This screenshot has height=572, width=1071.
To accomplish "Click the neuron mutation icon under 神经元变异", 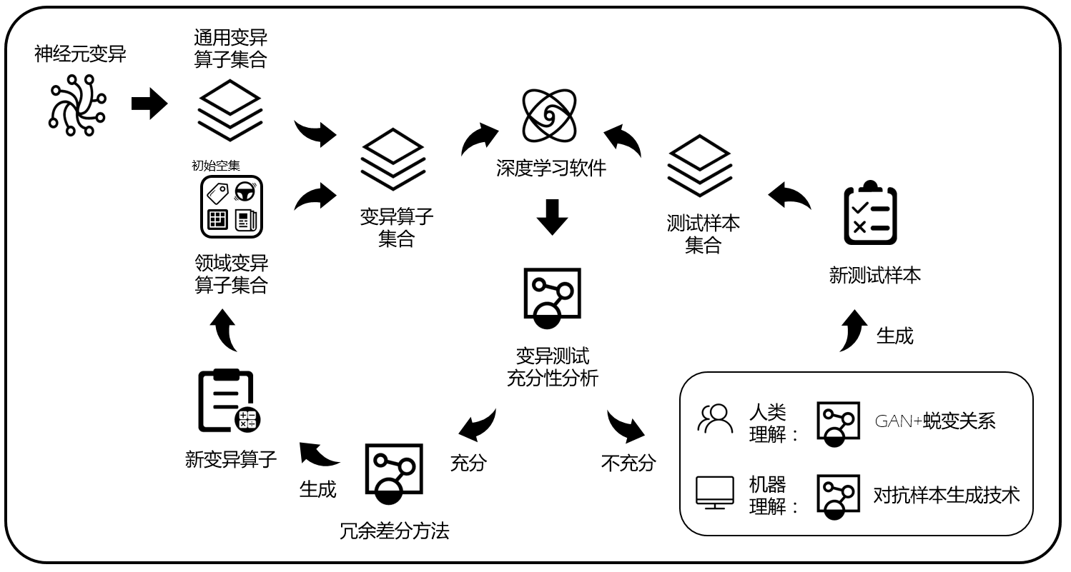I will coord(76,105).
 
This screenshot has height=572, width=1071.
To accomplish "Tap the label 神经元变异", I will coord(80,54).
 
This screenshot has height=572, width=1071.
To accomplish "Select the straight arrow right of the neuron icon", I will coord(149,104).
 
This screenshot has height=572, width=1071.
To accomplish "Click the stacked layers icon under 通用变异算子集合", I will coord(229,109).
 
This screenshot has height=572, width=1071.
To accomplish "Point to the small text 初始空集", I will coord(215,166).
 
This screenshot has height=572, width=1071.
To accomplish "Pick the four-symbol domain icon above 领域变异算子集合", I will coord(232,207).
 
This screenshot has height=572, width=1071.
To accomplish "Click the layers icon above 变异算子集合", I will coord(393,159).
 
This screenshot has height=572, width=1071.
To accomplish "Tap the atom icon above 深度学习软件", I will coord(549,114).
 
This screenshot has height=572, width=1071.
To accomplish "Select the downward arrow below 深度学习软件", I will coord(552,217).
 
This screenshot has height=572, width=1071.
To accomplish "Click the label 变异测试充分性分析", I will coord(552,367).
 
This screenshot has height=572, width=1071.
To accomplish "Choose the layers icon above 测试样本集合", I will coord(699,165).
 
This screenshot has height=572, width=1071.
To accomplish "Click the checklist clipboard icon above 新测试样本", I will coord(870,214).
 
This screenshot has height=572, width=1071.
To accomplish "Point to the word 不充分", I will coord(628,463).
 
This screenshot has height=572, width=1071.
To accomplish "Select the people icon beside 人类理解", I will coord(715,419).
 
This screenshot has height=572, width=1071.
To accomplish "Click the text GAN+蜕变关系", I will coord(934,421).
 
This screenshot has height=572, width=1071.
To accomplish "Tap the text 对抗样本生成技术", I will coord(946,495).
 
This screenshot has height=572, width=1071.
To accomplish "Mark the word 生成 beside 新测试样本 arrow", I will coord(894,336).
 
